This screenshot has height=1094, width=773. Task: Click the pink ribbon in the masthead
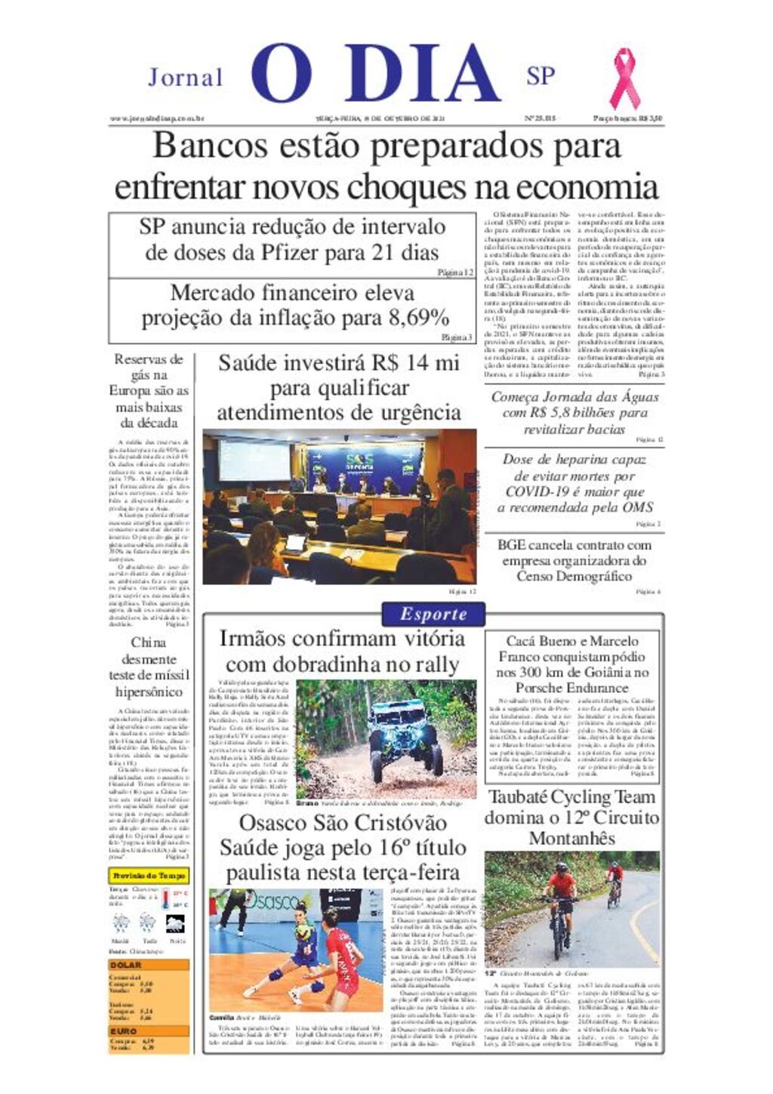click(x=624, y=79)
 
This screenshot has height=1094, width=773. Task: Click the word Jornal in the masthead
click(x=185, y=77)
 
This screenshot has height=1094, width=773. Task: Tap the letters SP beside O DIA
click(x=540, y=76)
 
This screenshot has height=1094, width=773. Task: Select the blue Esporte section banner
click(x=433, y=614)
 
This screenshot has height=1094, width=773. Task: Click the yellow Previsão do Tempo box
click(x=149, y=876)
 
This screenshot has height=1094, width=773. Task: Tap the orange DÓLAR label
click(x=125, y=965)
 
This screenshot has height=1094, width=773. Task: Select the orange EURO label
click(x=124, y=1031)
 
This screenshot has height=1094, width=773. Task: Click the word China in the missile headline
click(x=148, y=643)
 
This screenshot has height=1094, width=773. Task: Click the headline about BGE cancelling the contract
click(x=574, y=560)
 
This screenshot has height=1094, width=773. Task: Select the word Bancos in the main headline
click(x=198, y=145)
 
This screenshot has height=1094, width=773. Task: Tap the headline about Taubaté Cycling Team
click(x=571, y=817)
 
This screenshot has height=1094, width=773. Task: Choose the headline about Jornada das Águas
click(x=574, y=412)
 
